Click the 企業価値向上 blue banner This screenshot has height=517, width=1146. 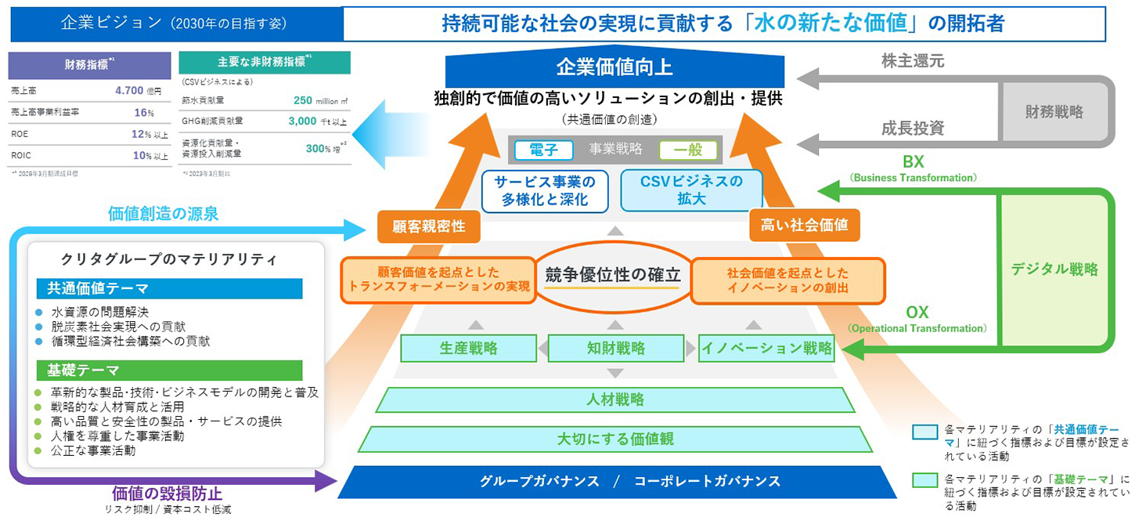(x=614, y=68)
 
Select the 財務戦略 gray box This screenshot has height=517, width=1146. (x=1054, y=111)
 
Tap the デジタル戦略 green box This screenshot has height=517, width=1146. (x=1054, y=269)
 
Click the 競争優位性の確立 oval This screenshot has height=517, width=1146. (x=613, y=275)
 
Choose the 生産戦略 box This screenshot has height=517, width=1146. (x=468, y=349)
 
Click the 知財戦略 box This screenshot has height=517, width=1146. (x=615, y=349)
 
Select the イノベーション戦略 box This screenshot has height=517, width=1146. (x=766, y=349)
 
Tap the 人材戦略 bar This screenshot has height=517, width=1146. (x=615, y=399)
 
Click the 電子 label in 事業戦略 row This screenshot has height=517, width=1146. (x=543, y=150)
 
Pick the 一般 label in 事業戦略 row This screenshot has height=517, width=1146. (x=687, y=150)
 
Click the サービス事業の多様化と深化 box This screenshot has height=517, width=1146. (x=544, y=190)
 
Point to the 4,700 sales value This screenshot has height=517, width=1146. (x=128, y=91)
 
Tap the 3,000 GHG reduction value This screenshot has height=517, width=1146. (x=302, y=121)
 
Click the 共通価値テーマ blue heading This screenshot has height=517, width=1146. (x=169, y=288)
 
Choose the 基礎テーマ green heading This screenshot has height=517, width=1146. (x=169, y=371)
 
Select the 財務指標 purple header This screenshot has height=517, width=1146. (x=89, y=65)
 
